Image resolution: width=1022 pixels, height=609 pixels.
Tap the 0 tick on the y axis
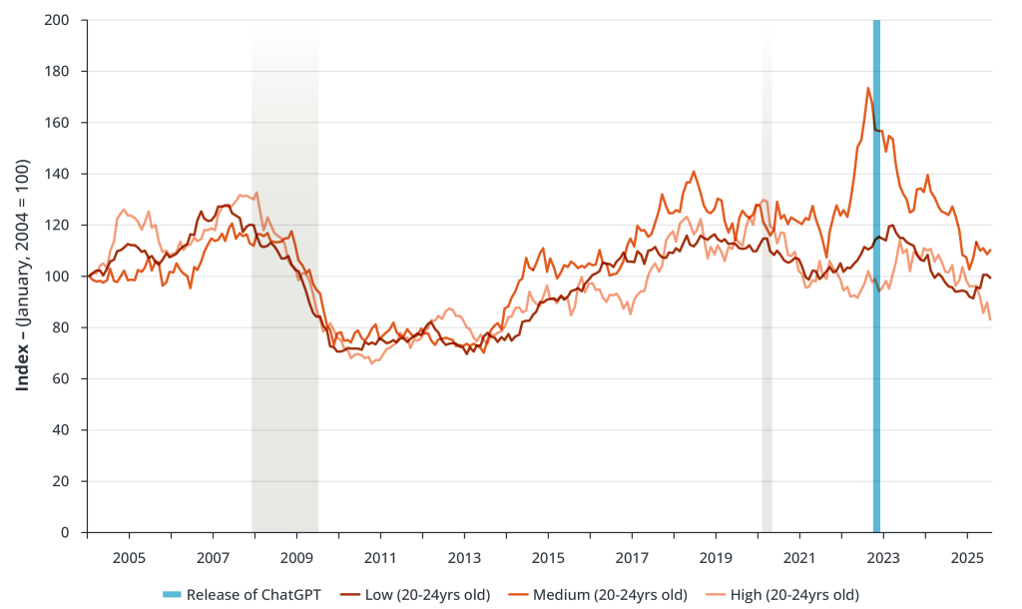(73, 533)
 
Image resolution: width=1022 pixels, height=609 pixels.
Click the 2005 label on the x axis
(129, 554)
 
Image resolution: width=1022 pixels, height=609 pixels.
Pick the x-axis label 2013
(464, 554)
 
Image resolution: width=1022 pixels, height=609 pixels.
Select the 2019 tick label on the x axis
(717, 554)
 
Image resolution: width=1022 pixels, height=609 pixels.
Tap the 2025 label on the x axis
(968, 554)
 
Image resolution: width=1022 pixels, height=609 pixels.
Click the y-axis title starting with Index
(22, 277)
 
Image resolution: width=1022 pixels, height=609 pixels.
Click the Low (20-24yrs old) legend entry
(427, 594)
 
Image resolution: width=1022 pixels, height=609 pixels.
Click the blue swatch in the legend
(172, 594)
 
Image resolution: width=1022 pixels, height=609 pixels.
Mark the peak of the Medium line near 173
(868, 88)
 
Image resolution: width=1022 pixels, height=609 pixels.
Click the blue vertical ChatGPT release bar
(876, 300)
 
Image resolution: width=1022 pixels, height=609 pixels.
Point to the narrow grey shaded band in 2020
(766, 300)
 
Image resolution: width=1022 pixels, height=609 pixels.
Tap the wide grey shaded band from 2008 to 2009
(284, 300)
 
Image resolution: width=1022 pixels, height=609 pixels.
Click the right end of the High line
(990, 319)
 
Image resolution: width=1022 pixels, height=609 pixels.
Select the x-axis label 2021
(800, 554)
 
